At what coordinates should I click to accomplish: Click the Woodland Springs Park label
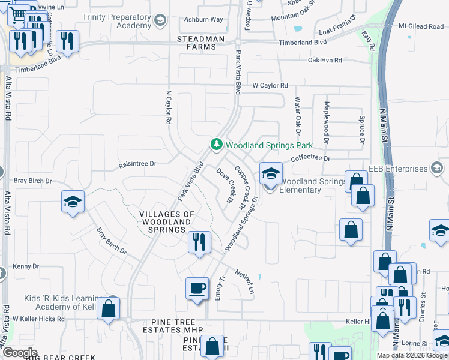pos(269,145)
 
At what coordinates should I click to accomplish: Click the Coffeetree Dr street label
pos(310,158)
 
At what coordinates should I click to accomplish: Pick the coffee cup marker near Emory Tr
pos(197,289)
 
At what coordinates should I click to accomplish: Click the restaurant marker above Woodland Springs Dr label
pos(199,242)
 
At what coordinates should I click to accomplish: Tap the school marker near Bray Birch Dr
pos(73,202)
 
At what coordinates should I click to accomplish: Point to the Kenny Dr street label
pos(26,266)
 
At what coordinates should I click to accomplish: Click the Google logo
pos(19,353)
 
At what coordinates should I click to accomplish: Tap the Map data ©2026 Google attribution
pos(411,355)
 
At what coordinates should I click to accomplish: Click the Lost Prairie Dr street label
pos(340,31)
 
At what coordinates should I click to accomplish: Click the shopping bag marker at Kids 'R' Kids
pos(109,308)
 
